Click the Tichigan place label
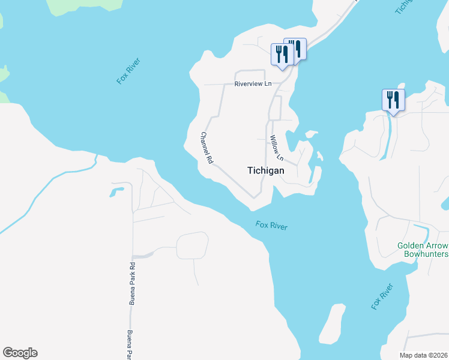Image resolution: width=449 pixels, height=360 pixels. click(x=265, y=170)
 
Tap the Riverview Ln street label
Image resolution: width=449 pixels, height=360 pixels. click(x=253, y=84)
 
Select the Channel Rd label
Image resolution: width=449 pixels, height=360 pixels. click(x=206, y=148)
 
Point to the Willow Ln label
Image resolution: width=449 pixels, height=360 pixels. click(x=277, y=148)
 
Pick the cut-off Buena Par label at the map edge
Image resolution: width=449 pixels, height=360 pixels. click(x=129, y=345)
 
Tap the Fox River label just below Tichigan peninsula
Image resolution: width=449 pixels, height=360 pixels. click(x=271, y=226)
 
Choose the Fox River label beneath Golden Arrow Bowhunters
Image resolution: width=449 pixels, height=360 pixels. click(x=382, y=296)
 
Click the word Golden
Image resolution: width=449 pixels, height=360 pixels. click(x=414, y=245)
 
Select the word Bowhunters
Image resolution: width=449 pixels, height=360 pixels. click(x=426, y=254)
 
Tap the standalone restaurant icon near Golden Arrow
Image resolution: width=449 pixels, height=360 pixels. click(x=393, y=100)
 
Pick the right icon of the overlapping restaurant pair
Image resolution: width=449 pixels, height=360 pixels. click(x=297, y=49)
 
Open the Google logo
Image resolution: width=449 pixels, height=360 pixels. click(x=20, y=353)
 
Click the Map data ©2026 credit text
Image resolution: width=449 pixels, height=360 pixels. click(x=424, y=355)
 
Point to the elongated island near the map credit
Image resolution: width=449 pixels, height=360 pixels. click(x=332, y=325)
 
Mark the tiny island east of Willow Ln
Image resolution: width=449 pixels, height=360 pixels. click(x=320, y=158)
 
